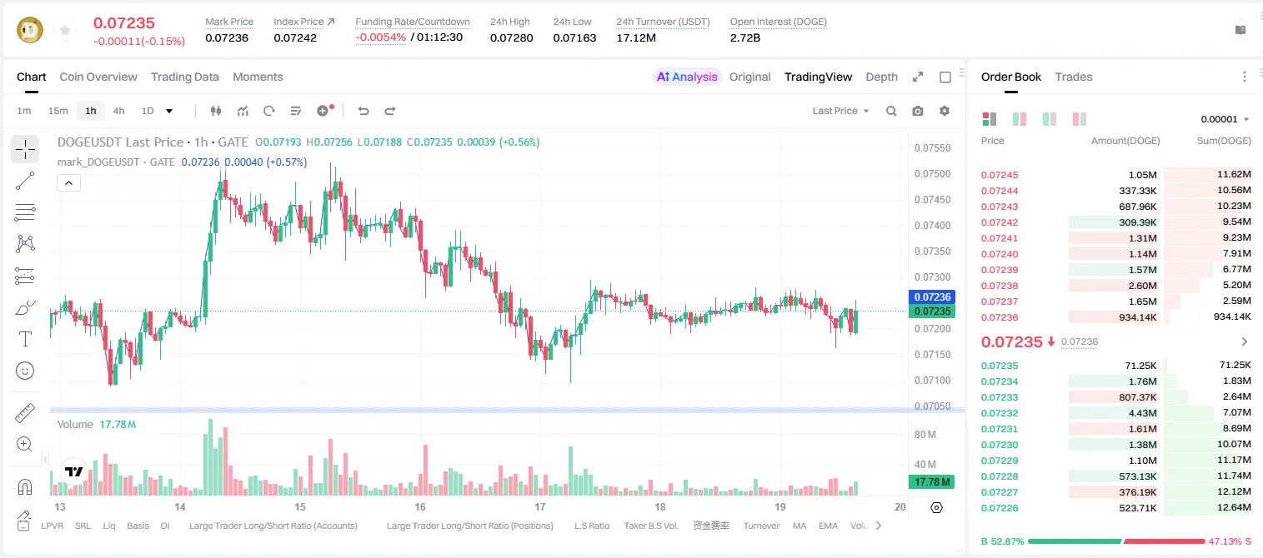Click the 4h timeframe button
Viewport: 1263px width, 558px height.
point(118,111)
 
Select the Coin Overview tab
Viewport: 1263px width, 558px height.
point(98,77)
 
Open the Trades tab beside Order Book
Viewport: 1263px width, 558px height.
point(1074,77)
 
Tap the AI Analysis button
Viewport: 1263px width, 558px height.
point(687,77)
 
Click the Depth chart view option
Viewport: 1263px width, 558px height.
point(881,77)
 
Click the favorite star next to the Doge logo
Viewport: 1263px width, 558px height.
point(65,30)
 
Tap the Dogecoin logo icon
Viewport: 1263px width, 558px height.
point(30,30)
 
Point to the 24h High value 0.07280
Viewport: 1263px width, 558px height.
point(511,37)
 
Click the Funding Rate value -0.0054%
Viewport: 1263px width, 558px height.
point(381,37)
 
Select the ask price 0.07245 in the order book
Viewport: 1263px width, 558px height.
point(999,175)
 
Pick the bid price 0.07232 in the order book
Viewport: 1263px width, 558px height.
point(999,413)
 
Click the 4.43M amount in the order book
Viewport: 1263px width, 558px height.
point(1142,413)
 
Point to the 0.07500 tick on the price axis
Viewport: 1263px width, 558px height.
point(933,173)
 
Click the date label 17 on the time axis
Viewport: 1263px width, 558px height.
point(540,506)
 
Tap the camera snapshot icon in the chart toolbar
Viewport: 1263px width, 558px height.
point(918,111)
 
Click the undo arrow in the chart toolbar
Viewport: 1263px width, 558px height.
point(363,111)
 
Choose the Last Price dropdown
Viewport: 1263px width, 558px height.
point(840,111)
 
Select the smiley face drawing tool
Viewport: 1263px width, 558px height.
point(25,371)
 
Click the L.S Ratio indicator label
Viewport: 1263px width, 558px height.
point(591,526)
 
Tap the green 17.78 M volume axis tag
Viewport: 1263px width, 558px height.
point(931,482)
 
